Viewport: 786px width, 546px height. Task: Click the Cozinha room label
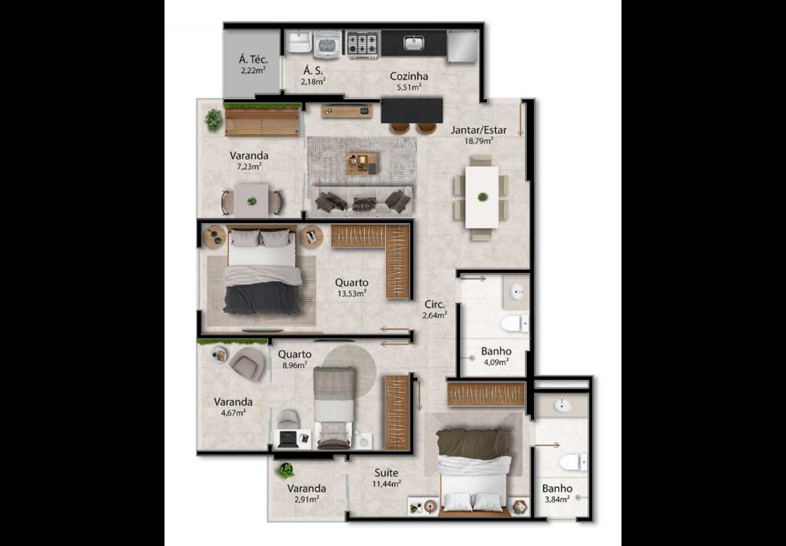pyautogui.click(x=409, y=76)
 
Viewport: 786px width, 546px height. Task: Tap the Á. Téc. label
pyautogui.click(x=253, y=60)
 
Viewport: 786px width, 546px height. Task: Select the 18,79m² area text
pyautogui.click(x=479, y=141)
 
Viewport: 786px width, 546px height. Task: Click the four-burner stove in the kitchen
pyautogui.click(x=362, y=43)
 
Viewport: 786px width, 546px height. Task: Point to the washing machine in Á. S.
pyautogui.click(x=327, y=43)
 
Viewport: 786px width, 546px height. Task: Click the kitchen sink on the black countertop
pyautogui.click(x=414, y=42)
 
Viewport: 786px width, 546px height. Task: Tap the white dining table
pyautogui.click(x=482, y=197)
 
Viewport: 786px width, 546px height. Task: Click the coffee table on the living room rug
pyautogui.click(x=362, y=163)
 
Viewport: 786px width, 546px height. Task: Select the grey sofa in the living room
pyautogui.click(x=361, y=201)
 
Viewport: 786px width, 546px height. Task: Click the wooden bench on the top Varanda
pyautogui.click(x=262, y=123)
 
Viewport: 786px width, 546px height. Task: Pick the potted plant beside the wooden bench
pyautogui.click(x=213, y=120)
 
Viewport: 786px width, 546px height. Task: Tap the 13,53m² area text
pyautogui.click(x=351, y=293)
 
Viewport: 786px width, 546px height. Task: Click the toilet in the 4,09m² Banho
pyautogui.click(x=514, y=323)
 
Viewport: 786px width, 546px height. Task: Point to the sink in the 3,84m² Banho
pyautogui.click(x=562, y=404)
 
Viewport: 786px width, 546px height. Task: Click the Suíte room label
pyautogui.click(x=387, y=473)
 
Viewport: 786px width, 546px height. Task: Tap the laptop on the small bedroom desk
pyautogui.click(x=288, y=439)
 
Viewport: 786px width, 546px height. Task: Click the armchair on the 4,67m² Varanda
pyautogui.click(x=248, y=363)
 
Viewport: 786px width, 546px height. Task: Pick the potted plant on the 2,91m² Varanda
pyautogui.click(x=285, y=470)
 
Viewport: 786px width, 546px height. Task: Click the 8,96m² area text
pyautogui.click(x=295, y=365)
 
